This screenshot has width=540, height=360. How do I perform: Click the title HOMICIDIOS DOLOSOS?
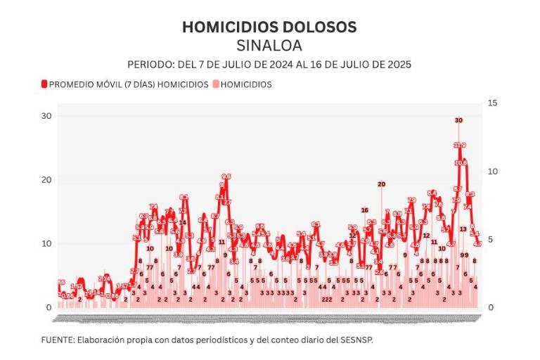pyautogui.click(x=269, y=27)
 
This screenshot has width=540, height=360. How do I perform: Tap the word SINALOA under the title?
pyautogui.click(x=269, y=46)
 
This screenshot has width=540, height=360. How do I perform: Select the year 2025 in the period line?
pyautogui.click(x=398, y=64)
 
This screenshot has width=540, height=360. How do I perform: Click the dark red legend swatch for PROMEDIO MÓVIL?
pyautogui.click(x=44, y=84)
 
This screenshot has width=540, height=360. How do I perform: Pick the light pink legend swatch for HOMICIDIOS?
pyautogui.click(x=216, y=84)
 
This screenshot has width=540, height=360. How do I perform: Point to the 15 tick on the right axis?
pyautogui.click(x=492, y=103)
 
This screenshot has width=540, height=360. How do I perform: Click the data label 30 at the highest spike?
pyautogui.click(x=458, y=120)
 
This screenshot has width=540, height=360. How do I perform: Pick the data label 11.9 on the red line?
pyautogui.click(x=459, y=146)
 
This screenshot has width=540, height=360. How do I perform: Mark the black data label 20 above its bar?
pyautogui.click(x=381, y=184)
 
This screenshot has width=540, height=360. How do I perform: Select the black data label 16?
pyautogui.click(x=365, y=210)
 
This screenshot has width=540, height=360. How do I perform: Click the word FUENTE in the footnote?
pyautogui.click(x=58, y=340)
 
